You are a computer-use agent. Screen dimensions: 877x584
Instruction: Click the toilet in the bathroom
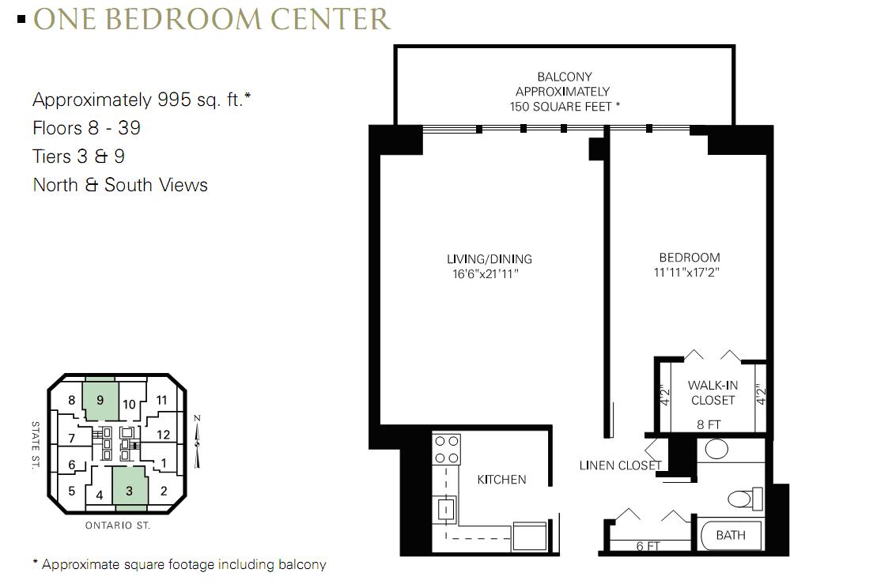coord(746,498)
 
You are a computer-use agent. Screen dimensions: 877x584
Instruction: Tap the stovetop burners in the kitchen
coord(446,450)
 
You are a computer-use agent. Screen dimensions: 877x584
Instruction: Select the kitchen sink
coord(446,509)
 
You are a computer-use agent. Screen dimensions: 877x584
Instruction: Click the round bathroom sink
coord(716,449)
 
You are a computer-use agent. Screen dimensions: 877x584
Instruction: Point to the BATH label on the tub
coord(731,535)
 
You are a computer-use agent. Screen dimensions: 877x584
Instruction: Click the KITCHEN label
coord(501,480)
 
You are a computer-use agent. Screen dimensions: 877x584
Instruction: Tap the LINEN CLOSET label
coord(620,465)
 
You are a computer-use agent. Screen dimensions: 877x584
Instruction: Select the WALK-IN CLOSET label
coord(713,393)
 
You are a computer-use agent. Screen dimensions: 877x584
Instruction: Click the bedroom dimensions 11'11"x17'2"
coord(686,273)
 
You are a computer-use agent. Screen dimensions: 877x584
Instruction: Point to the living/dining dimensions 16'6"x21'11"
coord(486,274)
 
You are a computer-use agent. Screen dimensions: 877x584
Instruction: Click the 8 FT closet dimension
coord(709,424)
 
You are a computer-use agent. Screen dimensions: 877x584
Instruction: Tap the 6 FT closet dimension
coord(648,546)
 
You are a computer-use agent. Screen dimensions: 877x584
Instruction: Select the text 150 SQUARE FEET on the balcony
coord(561,106)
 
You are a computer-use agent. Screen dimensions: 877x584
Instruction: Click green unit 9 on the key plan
coord(100,399)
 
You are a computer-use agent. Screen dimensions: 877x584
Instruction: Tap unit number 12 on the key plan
coord(164,434)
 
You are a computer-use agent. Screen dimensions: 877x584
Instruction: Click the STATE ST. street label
coord(36,446)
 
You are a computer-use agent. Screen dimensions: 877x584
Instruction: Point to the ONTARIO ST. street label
coord(118,526)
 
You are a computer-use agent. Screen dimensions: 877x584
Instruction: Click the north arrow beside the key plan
coord(197,442)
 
